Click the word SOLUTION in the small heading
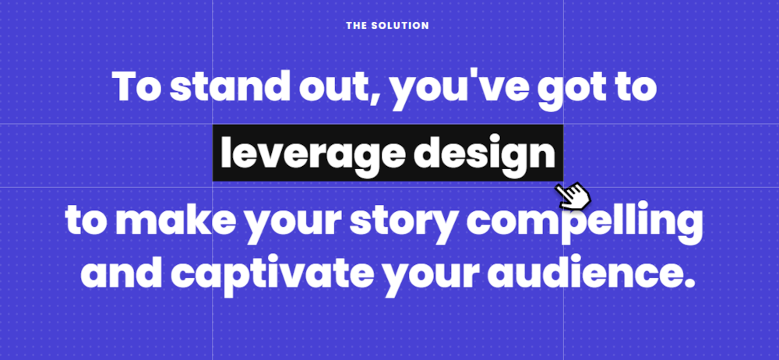pos(400,26)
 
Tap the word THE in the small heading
pos(356,26)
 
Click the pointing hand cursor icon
pos(573,196)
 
